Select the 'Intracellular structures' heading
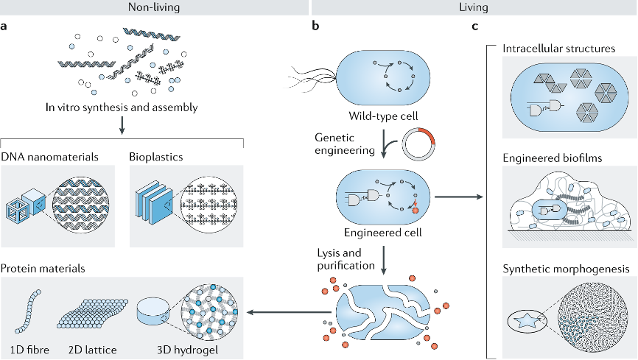click(559, 49)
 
